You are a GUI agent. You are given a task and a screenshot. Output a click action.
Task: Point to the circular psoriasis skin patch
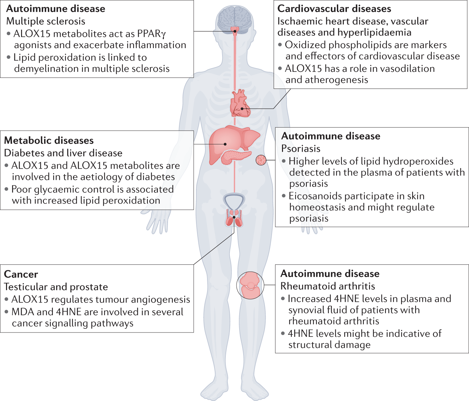click(x=261, y=160)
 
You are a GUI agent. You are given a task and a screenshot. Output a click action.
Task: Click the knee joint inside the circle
click(x=250, y=285)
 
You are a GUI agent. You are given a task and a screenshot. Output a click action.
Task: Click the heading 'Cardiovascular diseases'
click(x=334, y=9)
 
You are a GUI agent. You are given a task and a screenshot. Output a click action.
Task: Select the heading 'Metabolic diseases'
click(x=49, y=140)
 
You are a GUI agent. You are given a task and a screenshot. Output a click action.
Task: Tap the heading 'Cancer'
click(x=21, y=274)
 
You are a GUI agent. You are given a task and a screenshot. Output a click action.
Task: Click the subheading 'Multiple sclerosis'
click(x=46, y=21)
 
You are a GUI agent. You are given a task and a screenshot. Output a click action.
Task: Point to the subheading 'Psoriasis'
click(x=301, y=148)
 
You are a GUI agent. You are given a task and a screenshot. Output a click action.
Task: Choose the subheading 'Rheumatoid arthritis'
click(x=327, y=286)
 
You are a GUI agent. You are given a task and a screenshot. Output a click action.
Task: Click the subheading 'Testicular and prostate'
click(x=56, y=287)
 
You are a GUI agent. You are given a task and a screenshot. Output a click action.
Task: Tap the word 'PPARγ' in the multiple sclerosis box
click(x=152, y=34)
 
